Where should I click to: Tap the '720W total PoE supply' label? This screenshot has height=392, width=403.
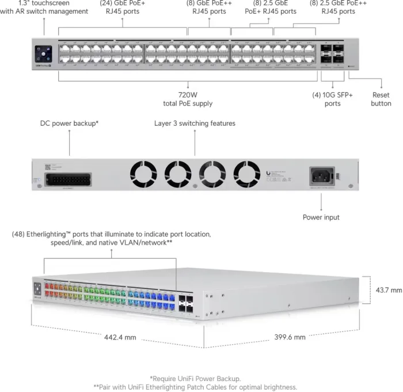pyautogui.click(x=187, y=99)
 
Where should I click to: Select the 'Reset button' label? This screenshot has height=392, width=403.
pyautogui.click(x=381, y=99)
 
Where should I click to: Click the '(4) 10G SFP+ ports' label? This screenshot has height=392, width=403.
pyautogui.click(x=332, y=99)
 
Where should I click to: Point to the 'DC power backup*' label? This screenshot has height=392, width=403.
pyautogui.click(x=69, y=123)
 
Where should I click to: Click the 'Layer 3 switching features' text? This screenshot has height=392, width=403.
pyautogui.click(x=195, y=123)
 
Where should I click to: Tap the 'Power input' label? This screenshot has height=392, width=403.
pyautogui.click(x=321, y=217)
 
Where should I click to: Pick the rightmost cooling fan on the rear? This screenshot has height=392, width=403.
pyautogui.click(x=248, y=173)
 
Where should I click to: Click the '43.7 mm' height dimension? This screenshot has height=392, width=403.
pyautogui.click(x=389, y=290)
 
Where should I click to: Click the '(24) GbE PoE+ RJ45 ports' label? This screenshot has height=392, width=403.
pyautogui.click(x=122, y=7)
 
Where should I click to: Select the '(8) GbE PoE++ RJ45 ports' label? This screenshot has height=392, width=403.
pyautogui.click(x=209, y=7)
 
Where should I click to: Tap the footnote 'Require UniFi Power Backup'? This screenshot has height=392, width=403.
pyautogui.click(x=195, y=378)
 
